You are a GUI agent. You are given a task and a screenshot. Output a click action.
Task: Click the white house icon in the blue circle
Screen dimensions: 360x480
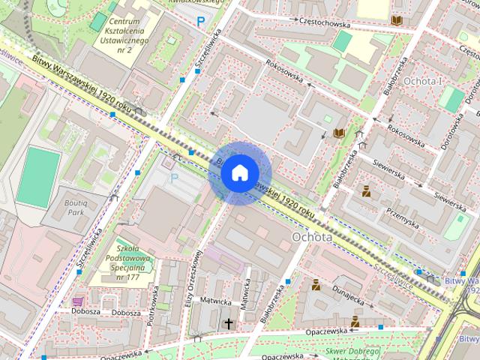click(x=238, y=172)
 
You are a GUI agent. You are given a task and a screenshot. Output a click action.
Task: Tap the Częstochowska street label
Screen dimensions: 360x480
click(x=325, y=23)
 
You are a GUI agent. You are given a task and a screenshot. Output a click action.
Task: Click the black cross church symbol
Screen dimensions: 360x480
click(x=229, y=323)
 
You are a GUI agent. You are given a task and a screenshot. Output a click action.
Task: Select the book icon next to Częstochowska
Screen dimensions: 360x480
click(x=395, y=20)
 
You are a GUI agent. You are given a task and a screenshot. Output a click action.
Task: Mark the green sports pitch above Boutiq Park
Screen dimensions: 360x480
click(x=38, y=176)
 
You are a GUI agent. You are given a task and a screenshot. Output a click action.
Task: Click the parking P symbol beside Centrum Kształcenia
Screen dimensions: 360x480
click(x=199, y=22)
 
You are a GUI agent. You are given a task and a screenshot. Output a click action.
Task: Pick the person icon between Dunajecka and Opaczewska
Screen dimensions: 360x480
click(x=355, y=321)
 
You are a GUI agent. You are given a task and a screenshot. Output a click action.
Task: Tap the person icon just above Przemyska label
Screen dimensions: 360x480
click(x=366, y=191)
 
